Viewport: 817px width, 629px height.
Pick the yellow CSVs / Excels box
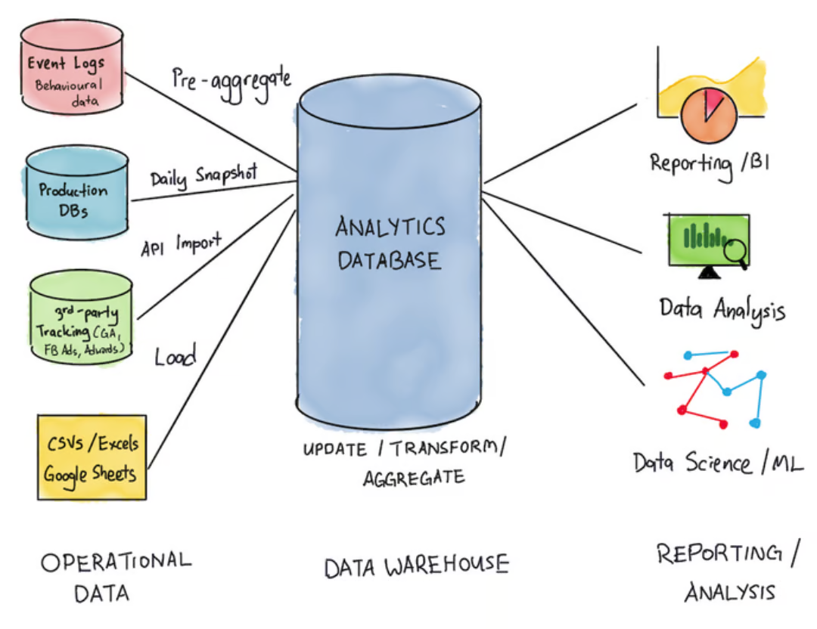click(x=91, y=457)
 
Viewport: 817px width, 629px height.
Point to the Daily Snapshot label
click(x=203, y=177)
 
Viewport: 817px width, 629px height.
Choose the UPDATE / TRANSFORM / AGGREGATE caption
click(x=402, y=461)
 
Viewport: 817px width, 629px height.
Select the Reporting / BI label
click(x=710, y=163)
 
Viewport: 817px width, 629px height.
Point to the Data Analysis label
click(x=721, y=308)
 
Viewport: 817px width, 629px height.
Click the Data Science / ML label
click(x=718, y=460)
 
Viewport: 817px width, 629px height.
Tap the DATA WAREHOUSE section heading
click(x=416, y=565)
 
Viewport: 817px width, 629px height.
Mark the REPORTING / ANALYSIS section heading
click(x=727, y=572)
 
